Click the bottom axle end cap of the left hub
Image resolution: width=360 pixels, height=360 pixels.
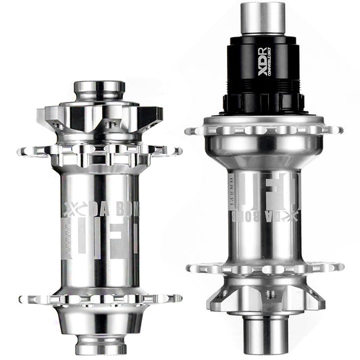point(99,344)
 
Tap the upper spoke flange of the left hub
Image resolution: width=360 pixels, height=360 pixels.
point(99,151)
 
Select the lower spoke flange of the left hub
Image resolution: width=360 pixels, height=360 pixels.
point(99,298)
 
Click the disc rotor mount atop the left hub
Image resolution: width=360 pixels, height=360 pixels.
point(99,115)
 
